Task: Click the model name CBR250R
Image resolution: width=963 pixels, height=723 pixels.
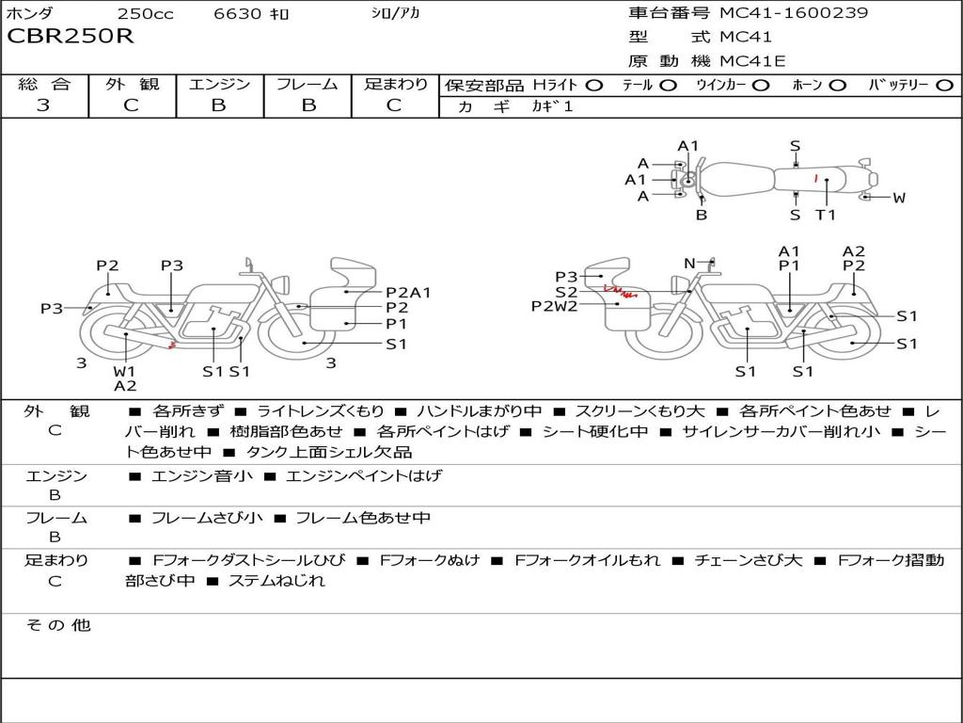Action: coord(70,36)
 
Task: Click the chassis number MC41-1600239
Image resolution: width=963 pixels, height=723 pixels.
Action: coord(794,12)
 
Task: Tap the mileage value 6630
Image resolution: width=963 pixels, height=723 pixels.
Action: coord(237,13)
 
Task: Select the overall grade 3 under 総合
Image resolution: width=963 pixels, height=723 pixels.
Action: coord(43,104)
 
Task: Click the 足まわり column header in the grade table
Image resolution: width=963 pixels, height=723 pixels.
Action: coord(395,84)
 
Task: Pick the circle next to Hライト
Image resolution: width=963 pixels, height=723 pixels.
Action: coord(593,86)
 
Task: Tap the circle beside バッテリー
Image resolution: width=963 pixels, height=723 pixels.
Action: coord(944,86)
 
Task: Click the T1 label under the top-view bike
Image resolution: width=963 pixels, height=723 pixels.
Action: coord(826,215)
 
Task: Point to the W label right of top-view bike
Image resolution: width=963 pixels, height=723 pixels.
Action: coord(898,198)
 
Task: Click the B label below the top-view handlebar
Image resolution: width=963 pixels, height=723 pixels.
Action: coord(702,216)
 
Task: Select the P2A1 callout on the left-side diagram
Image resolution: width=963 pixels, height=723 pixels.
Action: coord(408,293)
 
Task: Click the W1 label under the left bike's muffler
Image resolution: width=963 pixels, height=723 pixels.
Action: coord(124,371)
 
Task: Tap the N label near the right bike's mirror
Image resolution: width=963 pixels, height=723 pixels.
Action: coord(689,264)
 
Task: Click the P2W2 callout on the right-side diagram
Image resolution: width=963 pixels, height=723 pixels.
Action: coord(555,306)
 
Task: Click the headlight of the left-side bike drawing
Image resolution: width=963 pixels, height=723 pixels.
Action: coord(283,284)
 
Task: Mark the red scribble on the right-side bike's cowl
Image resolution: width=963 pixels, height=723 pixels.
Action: coord(621,291)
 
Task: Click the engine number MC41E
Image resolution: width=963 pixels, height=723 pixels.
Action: coord(752,61)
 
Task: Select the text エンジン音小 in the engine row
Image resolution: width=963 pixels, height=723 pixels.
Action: coord(201,475)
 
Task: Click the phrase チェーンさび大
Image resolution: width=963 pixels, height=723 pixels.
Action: coord(748,560)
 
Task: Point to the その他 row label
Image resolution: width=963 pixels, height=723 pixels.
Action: coord(58,625)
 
